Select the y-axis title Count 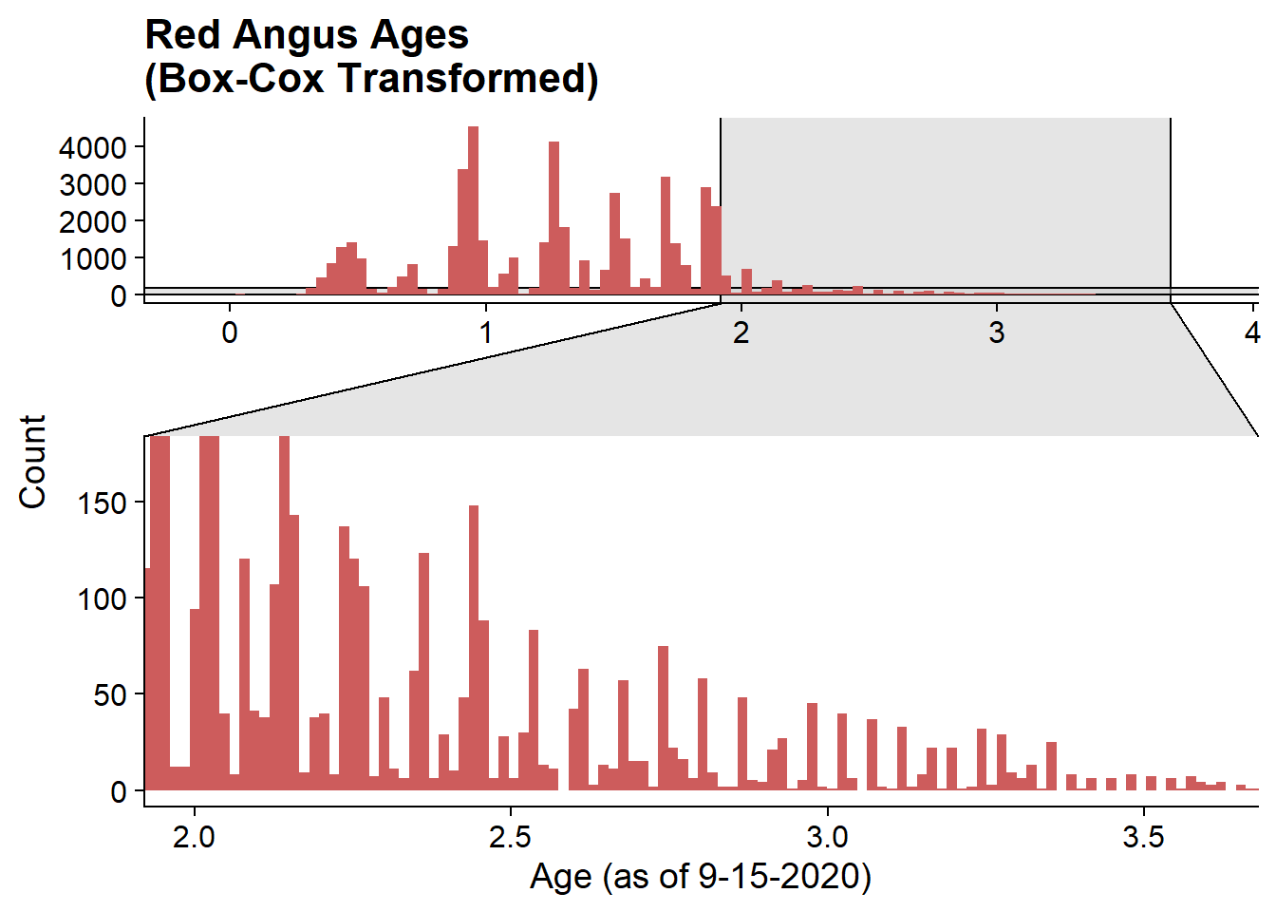32,462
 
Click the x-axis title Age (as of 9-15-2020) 700,877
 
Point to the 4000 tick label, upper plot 92,148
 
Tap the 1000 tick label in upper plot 92,259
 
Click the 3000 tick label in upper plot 92,185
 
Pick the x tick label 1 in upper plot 485,332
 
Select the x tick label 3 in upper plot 996,332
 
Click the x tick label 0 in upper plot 230,332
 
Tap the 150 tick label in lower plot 102,503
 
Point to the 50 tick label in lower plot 109,696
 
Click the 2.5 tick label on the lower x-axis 510,837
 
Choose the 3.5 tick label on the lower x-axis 1143,837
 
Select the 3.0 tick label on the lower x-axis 827,837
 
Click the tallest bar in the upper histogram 473,210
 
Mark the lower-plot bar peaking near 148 474,648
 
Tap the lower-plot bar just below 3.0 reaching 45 813,747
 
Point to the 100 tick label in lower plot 102,599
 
